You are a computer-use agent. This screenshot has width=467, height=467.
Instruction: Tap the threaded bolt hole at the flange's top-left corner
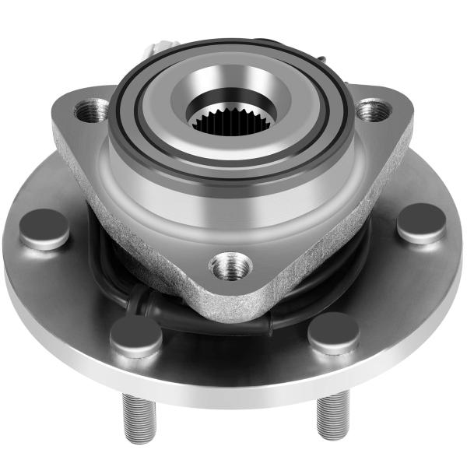coord(92,111)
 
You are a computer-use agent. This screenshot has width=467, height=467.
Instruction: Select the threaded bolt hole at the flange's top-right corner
coord(372,110)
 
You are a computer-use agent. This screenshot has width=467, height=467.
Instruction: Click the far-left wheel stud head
coord(44,228)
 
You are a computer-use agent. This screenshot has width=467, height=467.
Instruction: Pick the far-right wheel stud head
coord(421,222)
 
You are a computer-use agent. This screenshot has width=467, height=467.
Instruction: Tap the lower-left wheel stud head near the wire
coord(135,335)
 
